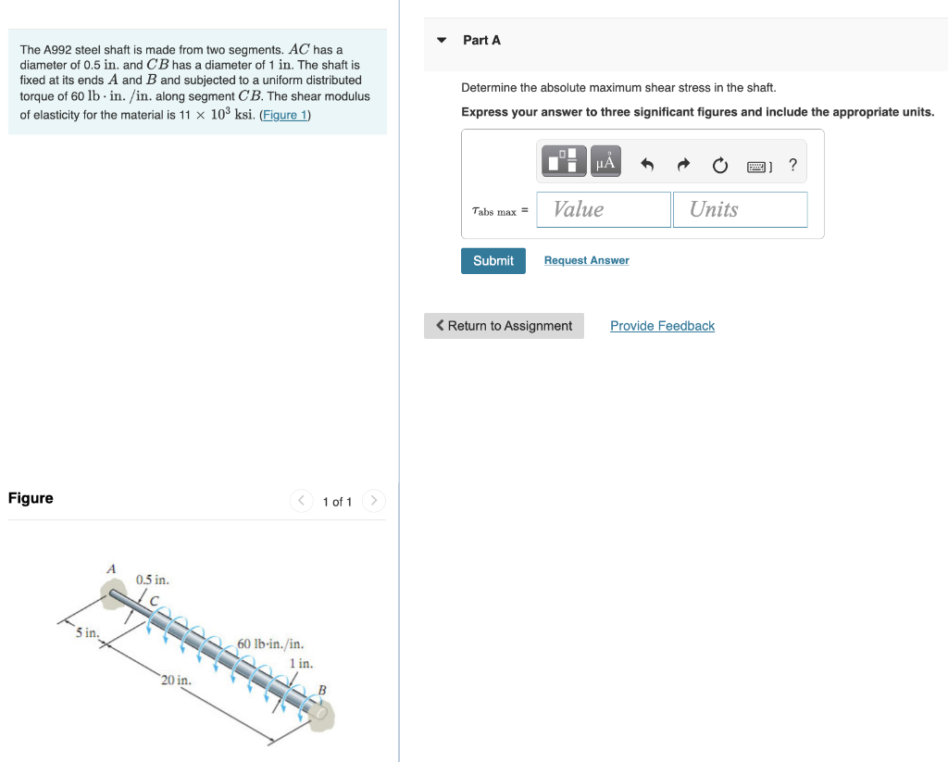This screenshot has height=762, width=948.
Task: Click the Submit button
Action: pos(493,261)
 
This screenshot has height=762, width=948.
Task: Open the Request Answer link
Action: pos(586,261)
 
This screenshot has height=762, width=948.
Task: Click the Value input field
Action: pos(604,209)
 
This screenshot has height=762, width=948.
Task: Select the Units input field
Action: pos(740,209)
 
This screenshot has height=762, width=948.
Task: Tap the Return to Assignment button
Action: pos(504,326)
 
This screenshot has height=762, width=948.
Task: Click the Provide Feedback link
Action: pos(662,326)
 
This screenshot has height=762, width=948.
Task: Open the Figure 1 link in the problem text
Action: pos(285,115)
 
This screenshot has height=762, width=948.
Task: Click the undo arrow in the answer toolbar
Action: pos(648,166)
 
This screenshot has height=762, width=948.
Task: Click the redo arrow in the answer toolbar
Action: pos(683,166)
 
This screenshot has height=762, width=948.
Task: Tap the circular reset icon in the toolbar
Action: pos(719,166)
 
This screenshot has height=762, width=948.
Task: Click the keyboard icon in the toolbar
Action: pos(757,167)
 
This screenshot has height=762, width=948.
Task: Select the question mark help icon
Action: pos(792,166)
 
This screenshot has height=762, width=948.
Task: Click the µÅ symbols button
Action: pos(605,162)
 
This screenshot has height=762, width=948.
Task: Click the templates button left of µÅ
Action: pos(565,162)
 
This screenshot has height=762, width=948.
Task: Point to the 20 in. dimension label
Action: pos(176,681)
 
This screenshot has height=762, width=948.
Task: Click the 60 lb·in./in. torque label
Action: pos(270,643)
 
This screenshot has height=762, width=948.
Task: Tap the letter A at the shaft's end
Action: pos(111,568)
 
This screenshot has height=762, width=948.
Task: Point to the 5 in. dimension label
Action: pos(87,632)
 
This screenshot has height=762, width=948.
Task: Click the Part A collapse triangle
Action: pos(442,40)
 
